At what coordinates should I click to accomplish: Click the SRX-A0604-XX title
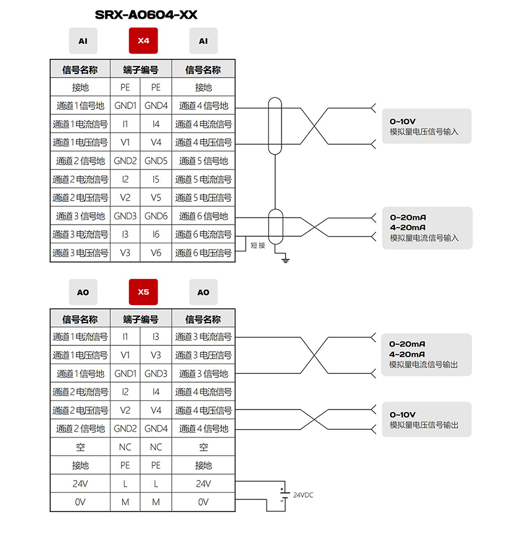(x=146, y=15)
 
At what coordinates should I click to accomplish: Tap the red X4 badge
(x=143, y=41)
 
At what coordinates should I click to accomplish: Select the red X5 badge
(x=143, y=292)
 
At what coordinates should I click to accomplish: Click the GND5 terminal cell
(x=156, y=160)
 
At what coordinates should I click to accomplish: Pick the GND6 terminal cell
(x=156, y=216)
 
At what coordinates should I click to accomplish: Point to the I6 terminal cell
(x=156, y=235)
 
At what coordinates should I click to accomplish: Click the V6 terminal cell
(x=156, y=253)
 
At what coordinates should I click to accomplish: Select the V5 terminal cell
(x=156, y=197)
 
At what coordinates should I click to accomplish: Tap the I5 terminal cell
(x=156, y=179)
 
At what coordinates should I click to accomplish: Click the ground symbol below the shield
(x=286, y=260)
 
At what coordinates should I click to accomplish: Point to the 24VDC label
(x=303, y=495)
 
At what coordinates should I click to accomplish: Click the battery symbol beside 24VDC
(x=284, y=495)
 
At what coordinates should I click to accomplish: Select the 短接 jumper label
(x=258, y=245)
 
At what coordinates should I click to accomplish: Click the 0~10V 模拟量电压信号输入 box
(x=426, y=126)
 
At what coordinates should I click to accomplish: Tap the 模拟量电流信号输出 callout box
(x=426, y=355)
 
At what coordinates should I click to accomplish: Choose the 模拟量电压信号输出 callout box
(x=426, y=419)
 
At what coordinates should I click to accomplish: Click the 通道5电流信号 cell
(x=203, y=179)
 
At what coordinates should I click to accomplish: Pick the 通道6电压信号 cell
(x=203, y=253)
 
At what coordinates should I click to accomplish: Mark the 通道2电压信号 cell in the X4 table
(x=80, y=197)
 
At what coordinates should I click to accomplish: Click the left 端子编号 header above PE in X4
(x=141, y=70)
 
